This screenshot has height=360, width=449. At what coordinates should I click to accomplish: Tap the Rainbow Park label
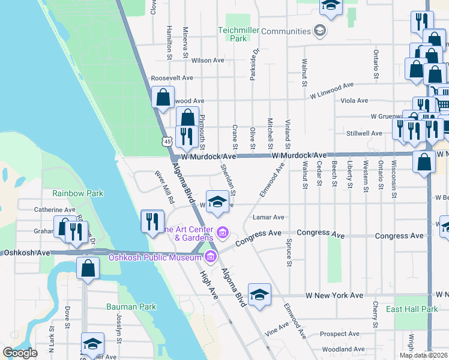click(77, 193)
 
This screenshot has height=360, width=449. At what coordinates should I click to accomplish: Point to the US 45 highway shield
click(166, 139)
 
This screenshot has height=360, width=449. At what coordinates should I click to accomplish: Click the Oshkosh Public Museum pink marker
click(210, 257)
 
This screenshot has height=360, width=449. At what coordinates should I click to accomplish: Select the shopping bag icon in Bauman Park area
click(88, 268)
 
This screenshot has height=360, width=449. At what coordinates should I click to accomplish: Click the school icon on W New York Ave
click(259, 295)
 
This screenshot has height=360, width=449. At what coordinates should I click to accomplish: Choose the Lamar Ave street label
click(268, 217)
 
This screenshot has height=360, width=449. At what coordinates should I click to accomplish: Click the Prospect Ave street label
click(340, 334)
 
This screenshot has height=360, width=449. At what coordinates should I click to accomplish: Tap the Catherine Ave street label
click(54, 210)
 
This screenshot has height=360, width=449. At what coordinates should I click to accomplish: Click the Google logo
click(20, 353)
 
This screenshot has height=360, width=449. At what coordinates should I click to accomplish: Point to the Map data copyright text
click(423, 355)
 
